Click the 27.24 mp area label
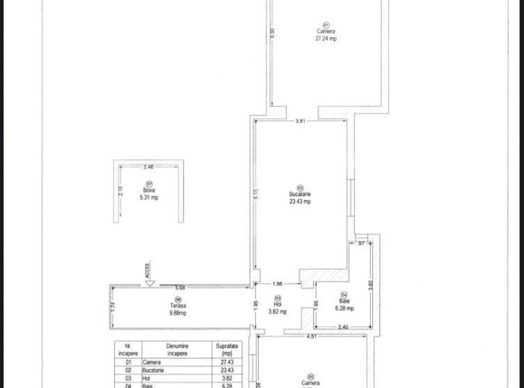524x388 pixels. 326,39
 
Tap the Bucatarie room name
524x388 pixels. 300,194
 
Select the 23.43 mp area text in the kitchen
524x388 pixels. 300,202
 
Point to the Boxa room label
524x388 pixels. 148,190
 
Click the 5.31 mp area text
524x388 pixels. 148,197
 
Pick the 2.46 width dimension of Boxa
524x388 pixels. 148,166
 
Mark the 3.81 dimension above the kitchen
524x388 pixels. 300,121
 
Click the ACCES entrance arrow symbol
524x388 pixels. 149,283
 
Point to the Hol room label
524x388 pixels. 278,304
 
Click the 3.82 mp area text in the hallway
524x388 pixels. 278,311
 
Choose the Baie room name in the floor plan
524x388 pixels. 344,301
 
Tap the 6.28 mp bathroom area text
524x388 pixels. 344,308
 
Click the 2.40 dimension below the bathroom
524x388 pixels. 343,326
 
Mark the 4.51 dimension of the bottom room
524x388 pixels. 311,337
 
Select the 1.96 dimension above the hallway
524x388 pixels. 278,283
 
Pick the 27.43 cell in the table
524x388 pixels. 225,362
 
